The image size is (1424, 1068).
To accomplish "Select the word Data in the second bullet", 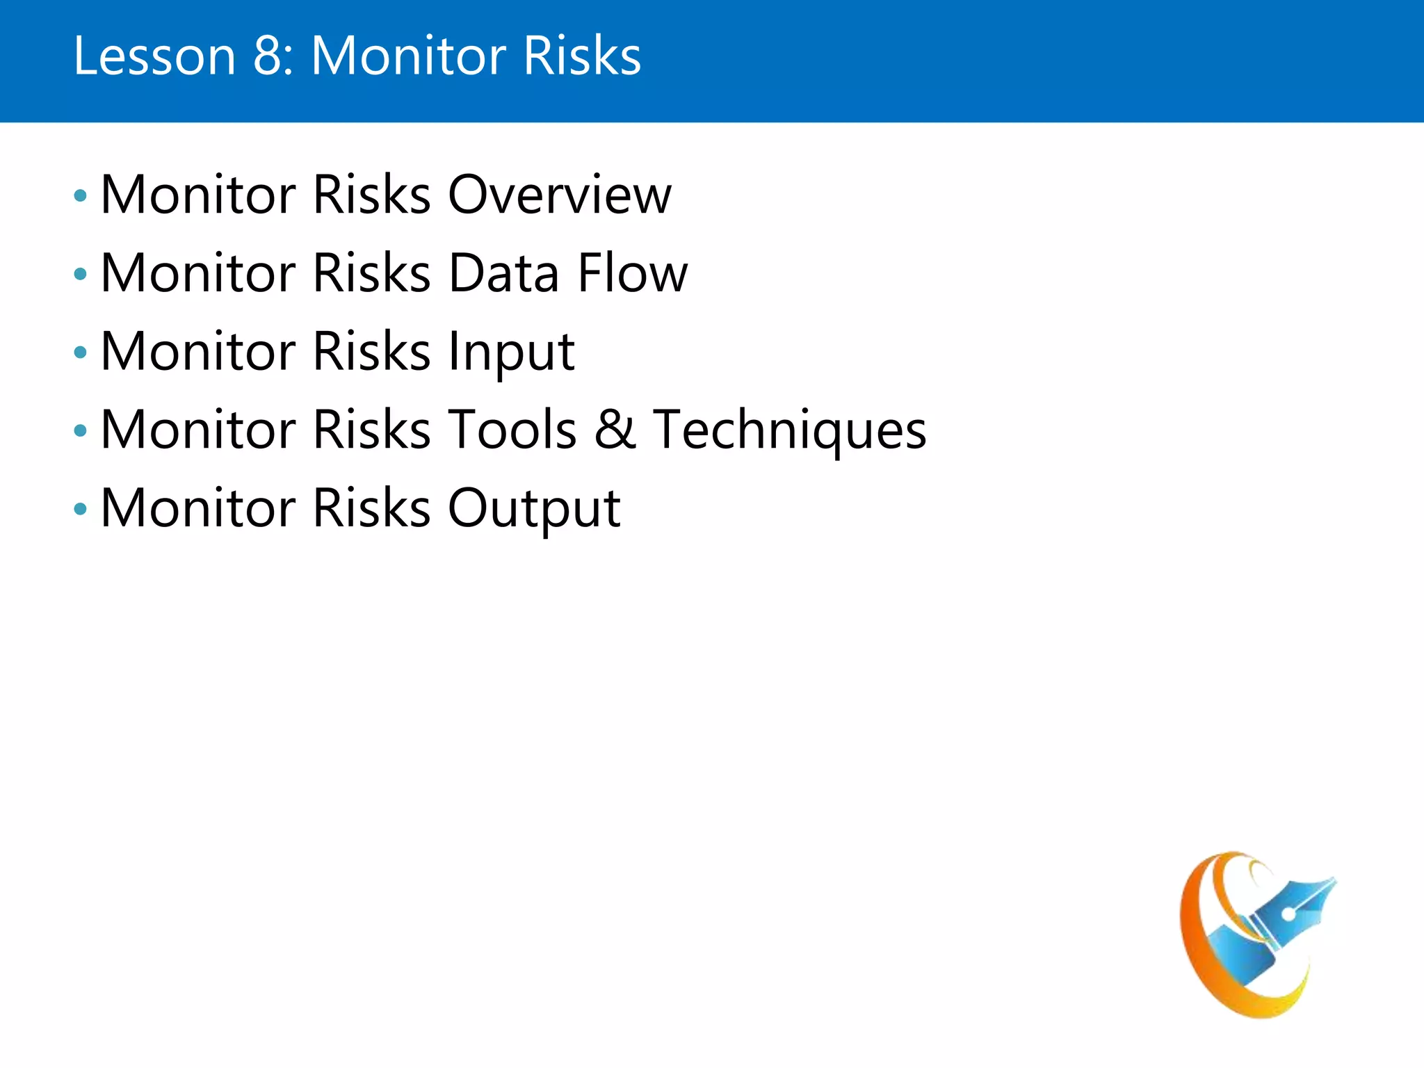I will (x=504, y=273).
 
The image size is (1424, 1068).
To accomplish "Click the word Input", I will (x=511, y=353).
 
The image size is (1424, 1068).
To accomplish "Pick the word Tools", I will (x=512, y=430).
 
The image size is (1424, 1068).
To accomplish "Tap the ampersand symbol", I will (x=615, y=430).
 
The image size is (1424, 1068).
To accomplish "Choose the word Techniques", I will (x=790, y=431).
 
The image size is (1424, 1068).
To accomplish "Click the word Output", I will (x=534, y=509).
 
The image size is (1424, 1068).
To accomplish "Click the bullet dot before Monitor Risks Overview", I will (x=81, y=196).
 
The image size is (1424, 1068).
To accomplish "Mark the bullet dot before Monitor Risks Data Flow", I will (x=81, y=275).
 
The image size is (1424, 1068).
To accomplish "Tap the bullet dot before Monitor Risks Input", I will (x=81, y=353).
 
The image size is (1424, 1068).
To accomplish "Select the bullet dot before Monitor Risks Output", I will (x=81, y=509).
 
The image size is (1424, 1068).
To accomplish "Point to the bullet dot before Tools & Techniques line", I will (x=81, y=431).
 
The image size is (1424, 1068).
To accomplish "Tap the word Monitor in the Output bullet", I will (x=199, y=509).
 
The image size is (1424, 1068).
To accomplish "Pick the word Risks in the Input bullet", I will (x=372, y=353).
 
